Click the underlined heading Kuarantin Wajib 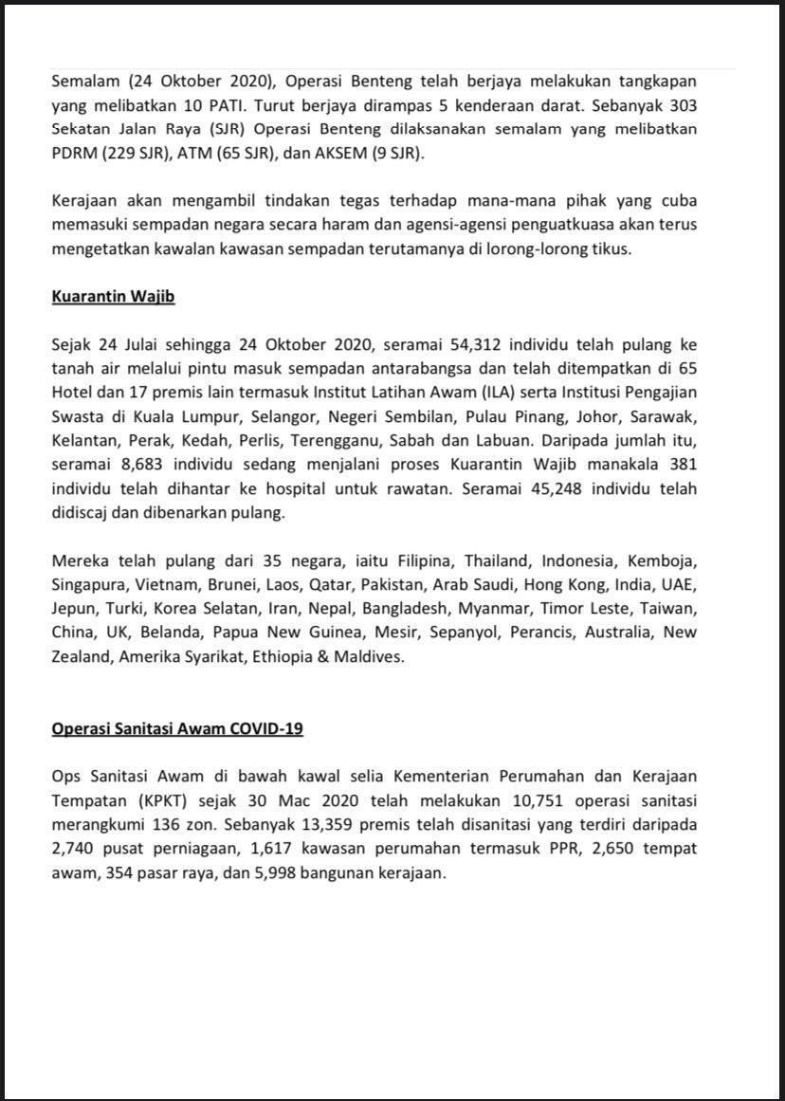113,297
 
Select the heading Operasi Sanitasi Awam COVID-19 177,728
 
